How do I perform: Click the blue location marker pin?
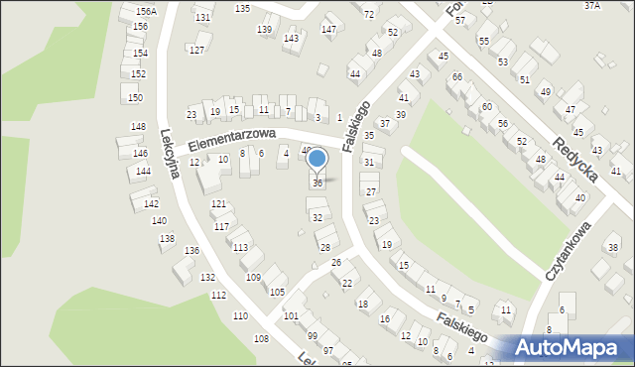click(317, 159)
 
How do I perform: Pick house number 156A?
click(146, 11)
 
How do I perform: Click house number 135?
click(242, 8)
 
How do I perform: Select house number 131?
click(202, 18)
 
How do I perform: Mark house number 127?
click(196, 50)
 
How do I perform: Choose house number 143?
click(291, 38)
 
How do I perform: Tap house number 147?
click(327, 30)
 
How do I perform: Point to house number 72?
click(369, 14)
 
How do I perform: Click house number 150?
click(135, 97)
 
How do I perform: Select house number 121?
click(218, 203)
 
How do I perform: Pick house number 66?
click(456, 76)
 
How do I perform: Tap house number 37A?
click(592, 5)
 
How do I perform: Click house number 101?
click(291, 315)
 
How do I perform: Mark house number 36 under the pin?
click(317, 183)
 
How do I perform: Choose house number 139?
click(264, 30)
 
